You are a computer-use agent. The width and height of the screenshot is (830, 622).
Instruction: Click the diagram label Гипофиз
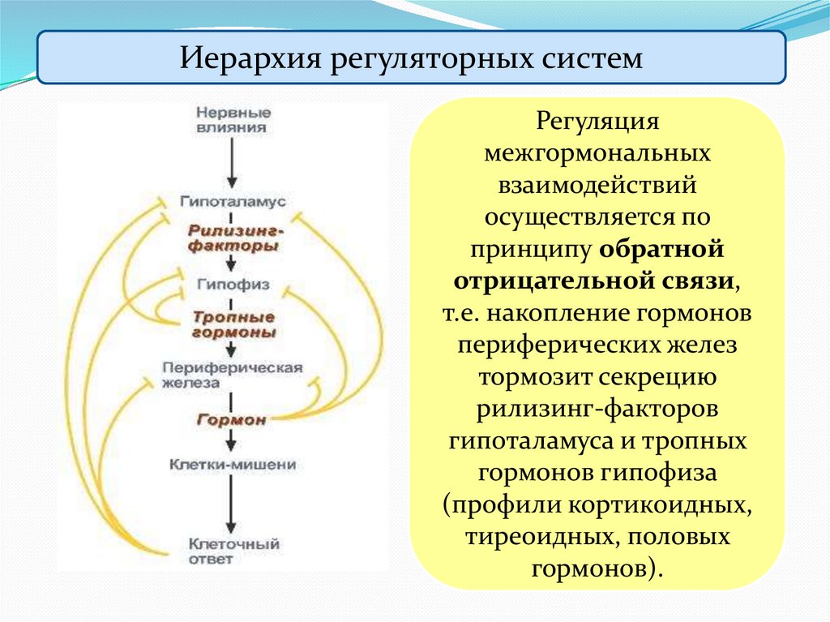233,285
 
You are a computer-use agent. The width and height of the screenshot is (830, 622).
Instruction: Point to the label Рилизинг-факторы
233,238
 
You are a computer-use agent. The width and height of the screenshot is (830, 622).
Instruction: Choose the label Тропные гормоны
233,324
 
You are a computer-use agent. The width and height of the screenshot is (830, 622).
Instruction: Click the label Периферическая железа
233,375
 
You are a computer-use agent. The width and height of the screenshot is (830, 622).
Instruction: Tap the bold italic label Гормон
231,420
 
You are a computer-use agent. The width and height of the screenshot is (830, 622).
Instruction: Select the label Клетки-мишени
233,465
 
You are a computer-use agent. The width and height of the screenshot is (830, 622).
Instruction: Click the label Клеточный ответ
233,551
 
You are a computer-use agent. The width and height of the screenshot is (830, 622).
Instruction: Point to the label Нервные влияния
233,119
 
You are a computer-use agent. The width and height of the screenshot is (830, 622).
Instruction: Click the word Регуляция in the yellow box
597,123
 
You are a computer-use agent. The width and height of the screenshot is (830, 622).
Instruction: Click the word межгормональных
597,154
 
